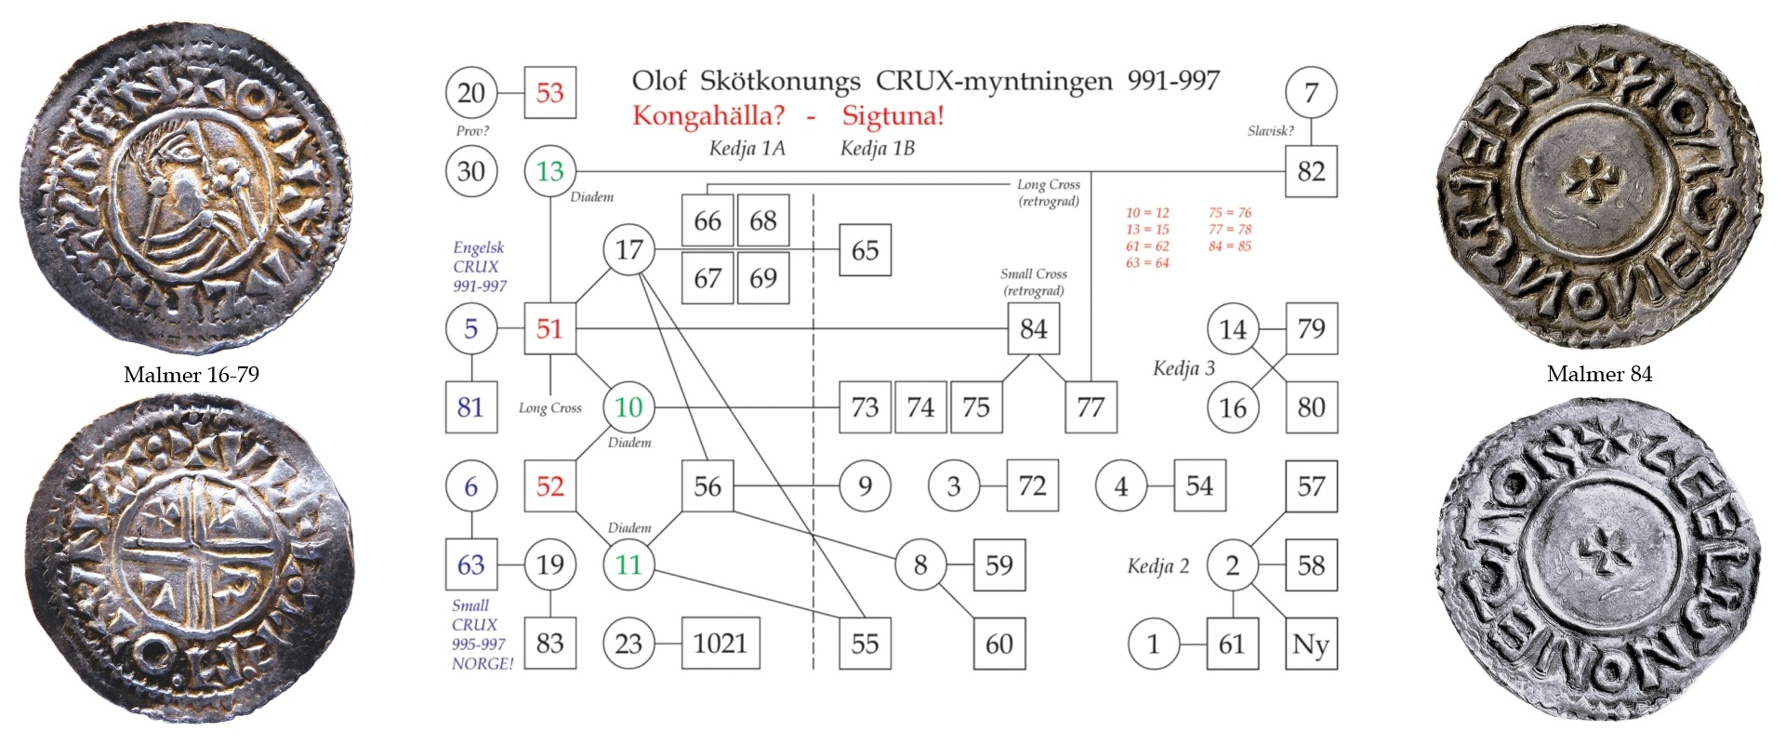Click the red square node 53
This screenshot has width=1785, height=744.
549,92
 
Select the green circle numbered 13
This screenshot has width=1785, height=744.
549,171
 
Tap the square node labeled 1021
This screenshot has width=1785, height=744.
721,644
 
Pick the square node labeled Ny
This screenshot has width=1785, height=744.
1311,644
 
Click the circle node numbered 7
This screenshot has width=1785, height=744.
1311,92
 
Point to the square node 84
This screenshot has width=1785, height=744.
1033,328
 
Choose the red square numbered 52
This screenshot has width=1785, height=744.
549,485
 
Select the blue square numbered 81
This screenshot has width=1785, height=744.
470,407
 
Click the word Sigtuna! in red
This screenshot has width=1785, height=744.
892,116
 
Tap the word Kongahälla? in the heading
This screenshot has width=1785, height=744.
708,116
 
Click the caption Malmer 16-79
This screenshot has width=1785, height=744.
192,375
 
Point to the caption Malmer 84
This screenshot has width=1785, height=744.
1599,374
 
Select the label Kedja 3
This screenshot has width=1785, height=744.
1183,368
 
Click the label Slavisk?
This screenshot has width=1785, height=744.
1270,131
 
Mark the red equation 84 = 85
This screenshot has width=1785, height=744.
1230,246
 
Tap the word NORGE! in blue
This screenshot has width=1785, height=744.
482,664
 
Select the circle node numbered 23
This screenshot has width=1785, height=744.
628,644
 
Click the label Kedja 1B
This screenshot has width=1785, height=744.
877,149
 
